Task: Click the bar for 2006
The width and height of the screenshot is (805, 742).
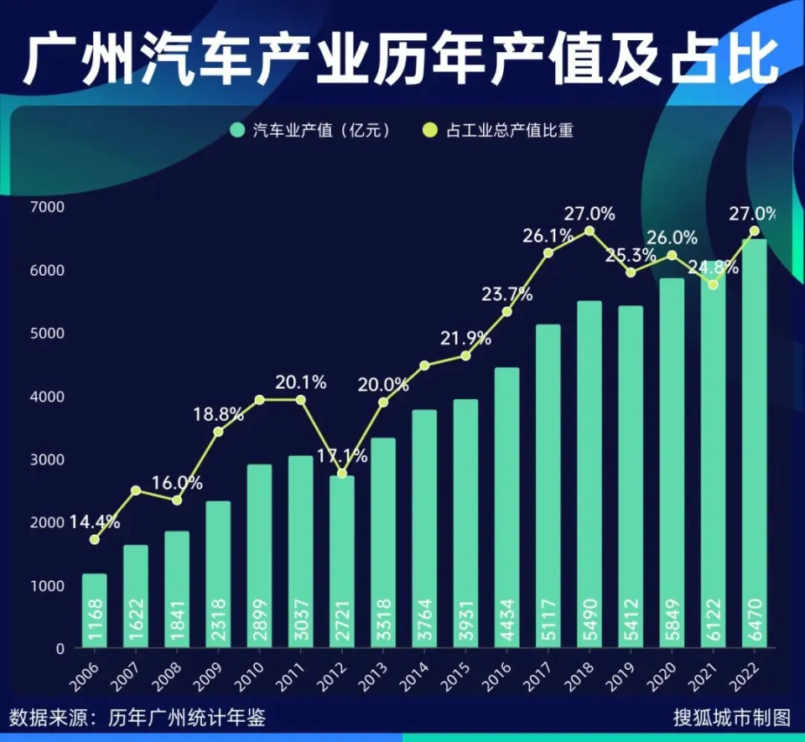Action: pos(94,610)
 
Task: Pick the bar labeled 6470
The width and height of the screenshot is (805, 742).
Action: pos(754,444)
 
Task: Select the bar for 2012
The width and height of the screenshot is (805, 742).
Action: pos(342,562)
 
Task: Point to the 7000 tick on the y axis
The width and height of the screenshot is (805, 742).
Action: pos(47,206)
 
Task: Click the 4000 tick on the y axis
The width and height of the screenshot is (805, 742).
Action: pos(47,396)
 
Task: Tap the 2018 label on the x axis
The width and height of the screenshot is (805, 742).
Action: pos(587,670)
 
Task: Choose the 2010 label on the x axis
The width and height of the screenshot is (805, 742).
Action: pos(257,670)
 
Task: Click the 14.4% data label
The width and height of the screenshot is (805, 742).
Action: pos(94,521)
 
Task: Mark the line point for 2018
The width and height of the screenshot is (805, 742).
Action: pos(589,231)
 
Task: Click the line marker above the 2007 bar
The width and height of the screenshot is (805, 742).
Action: pos(135,490)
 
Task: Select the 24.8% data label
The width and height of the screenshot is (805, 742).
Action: pos(714,268)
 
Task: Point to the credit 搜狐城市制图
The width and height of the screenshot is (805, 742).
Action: pos(731,718)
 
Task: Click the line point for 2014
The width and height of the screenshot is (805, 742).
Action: pos(424,366)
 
